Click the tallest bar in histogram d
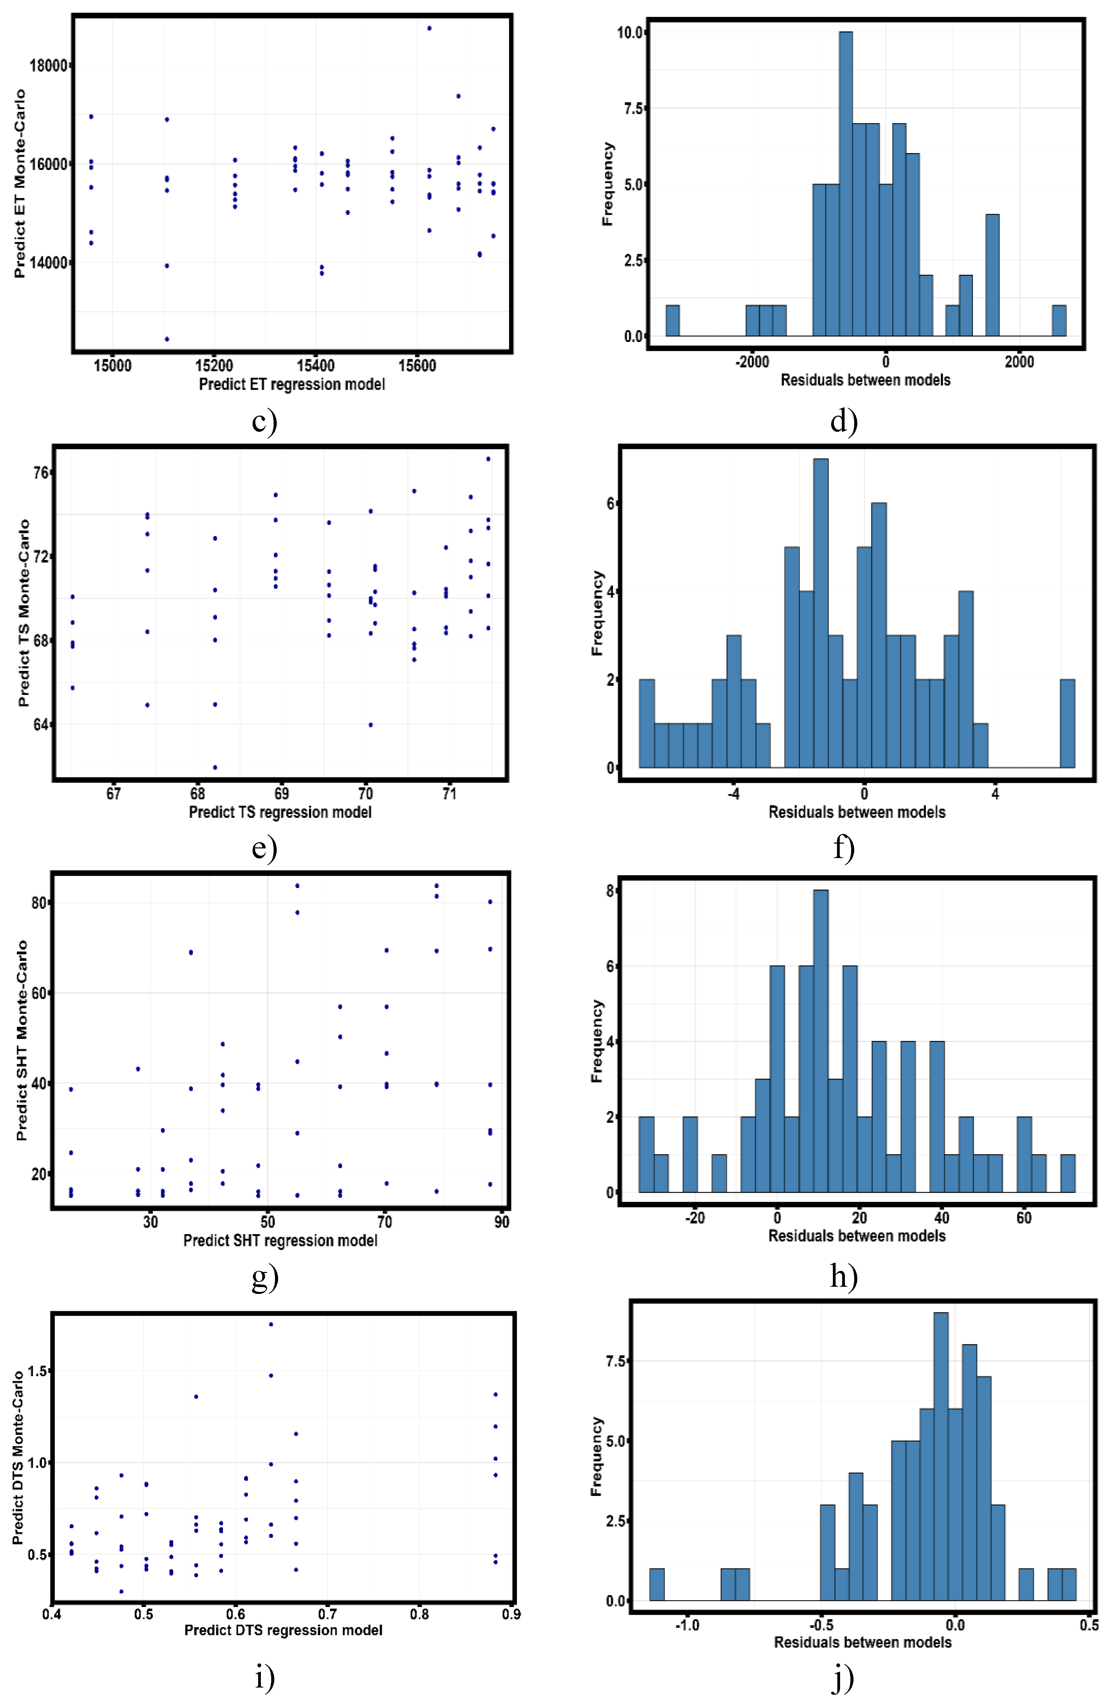click(846, 184)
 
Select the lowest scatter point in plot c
click(167, 339)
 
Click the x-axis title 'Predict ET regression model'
click(292, 385)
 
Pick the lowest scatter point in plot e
click(215, 767)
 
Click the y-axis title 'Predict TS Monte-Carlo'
click(24, 613)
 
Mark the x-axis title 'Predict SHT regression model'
click(280, 1241)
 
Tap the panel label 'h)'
click(843, 1276)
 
